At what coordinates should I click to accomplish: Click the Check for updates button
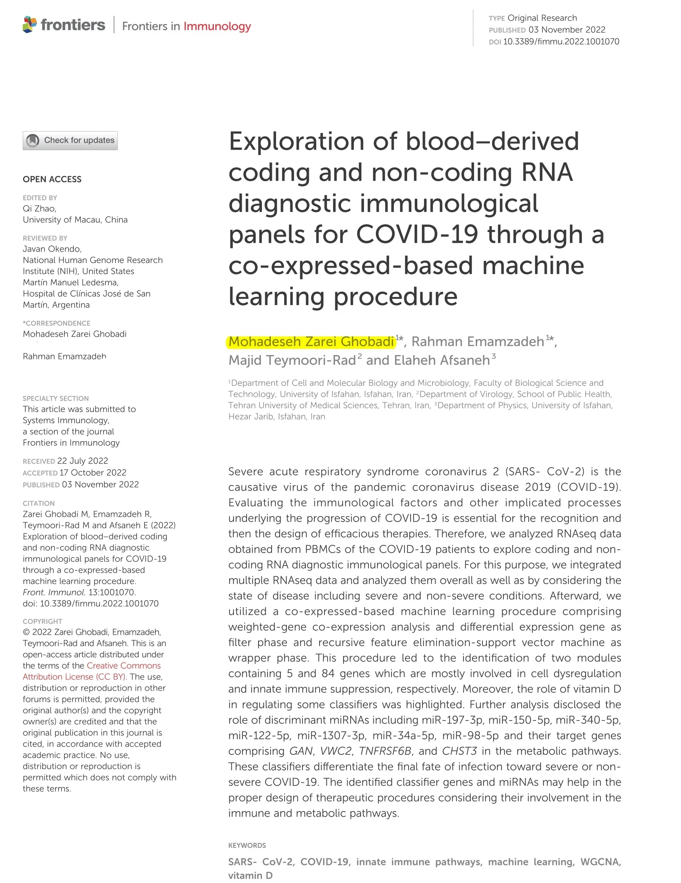70,140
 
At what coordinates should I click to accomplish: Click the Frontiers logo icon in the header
30,25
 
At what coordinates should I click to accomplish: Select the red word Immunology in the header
217,26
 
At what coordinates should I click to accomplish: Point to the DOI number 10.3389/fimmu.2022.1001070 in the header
561,41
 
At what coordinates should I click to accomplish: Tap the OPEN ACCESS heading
52,179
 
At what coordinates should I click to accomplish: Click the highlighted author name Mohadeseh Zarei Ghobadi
311,342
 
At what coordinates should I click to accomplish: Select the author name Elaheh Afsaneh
441,360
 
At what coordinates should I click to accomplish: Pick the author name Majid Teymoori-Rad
292,360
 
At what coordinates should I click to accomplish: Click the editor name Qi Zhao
39,209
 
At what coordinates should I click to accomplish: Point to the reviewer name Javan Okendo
52,249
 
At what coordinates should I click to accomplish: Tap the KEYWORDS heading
247,845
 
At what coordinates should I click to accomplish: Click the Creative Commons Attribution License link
92,671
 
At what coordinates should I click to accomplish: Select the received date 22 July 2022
82,461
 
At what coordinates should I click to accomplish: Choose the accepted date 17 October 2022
93,473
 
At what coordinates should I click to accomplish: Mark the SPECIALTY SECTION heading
56,398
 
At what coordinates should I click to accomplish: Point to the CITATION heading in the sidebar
38,503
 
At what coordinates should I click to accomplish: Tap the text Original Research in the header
542,18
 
